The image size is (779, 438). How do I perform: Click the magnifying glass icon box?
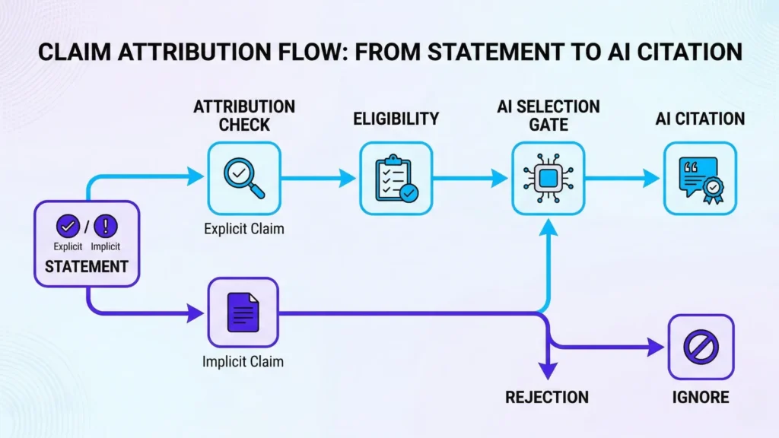pyautogui.click(x=244, y=179)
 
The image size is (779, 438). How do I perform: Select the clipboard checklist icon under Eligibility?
pyautogui.click(x=396, y=179)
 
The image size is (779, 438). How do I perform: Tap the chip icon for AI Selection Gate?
pyautogui.click(x=548, y=179)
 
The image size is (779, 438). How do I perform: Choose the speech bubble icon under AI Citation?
pyautogui.click(x=700, y=179)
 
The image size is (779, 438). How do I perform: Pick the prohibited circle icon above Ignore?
pyautogui.click(x=701, y=348)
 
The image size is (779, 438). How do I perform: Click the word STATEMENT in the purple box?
pyautogui.click(x=86, y=267)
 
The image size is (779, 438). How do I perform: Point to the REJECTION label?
pyautogui.click(x=547, y=397)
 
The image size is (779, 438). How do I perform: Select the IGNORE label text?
pyautogui.click(x=701, y=397)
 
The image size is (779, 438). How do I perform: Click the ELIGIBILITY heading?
pyautogui.click(x=396, y=118)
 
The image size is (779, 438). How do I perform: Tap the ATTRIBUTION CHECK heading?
pyautogui.click(x=244, y=115)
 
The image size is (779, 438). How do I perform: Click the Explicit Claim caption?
pyautogui.click(x=244, y=227)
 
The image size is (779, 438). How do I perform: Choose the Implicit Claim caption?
pyautogui.click(x=243, y=361)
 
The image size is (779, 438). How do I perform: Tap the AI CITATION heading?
pyautogui.click(x=700, y=118)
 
